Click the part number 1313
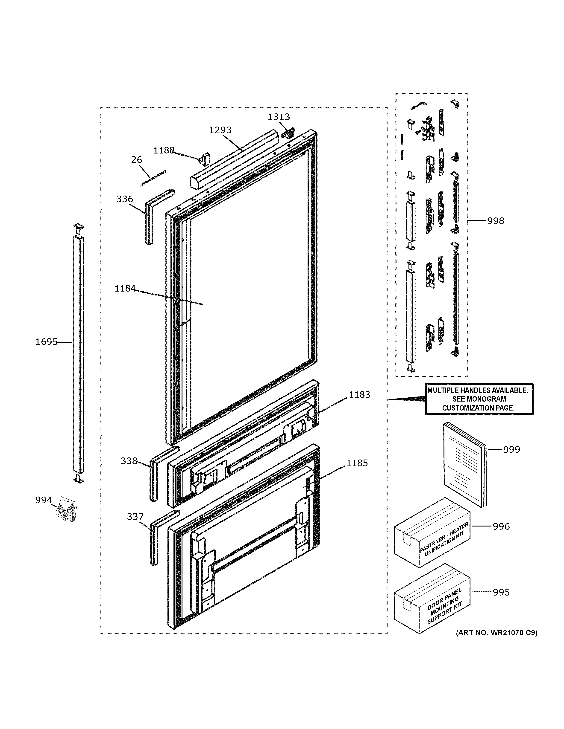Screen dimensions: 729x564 click(279, 117)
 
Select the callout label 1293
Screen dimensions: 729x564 click(220, 130)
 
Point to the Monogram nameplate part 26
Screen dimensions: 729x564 click(154, 179)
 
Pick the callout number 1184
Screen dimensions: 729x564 click(125, 288)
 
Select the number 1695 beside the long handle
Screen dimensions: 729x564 click(47, 342)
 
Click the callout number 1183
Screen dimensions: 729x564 click(359, 395)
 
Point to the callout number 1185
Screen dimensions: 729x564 click(357, 463)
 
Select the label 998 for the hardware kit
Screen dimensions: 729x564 click(496, 221)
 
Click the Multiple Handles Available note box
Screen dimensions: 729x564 click(479, 399)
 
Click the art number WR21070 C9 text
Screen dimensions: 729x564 click(496, 633)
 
